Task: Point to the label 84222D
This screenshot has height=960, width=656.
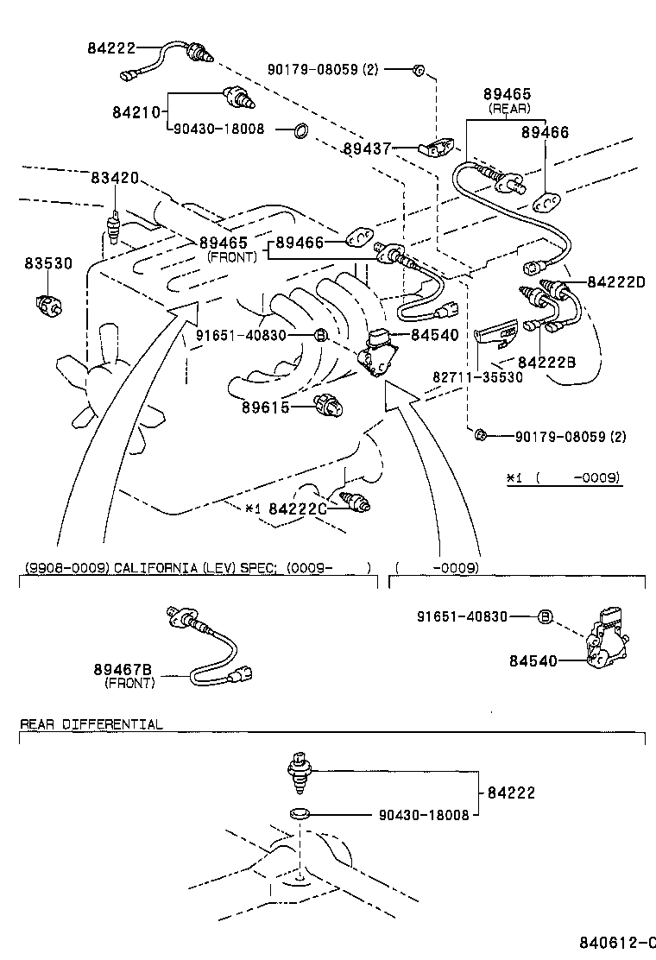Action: (x=616, y=282)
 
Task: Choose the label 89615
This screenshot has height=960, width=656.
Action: (x=266, y=407)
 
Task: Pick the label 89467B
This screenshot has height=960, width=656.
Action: (x=123, y=670)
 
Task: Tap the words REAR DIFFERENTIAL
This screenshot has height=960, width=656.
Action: (x=91, y=724)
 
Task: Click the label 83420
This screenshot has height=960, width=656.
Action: (x=115, y=178)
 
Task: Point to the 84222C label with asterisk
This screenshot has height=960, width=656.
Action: (x=286, y=509)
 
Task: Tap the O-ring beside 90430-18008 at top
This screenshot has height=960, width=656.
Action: (x=300, y=130)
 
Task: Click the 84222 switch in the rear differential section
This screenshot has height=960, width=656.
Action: (x=299, y=770)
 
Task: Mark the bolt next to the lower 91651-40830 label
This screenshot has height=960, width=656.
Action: (x=545, y=616)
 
